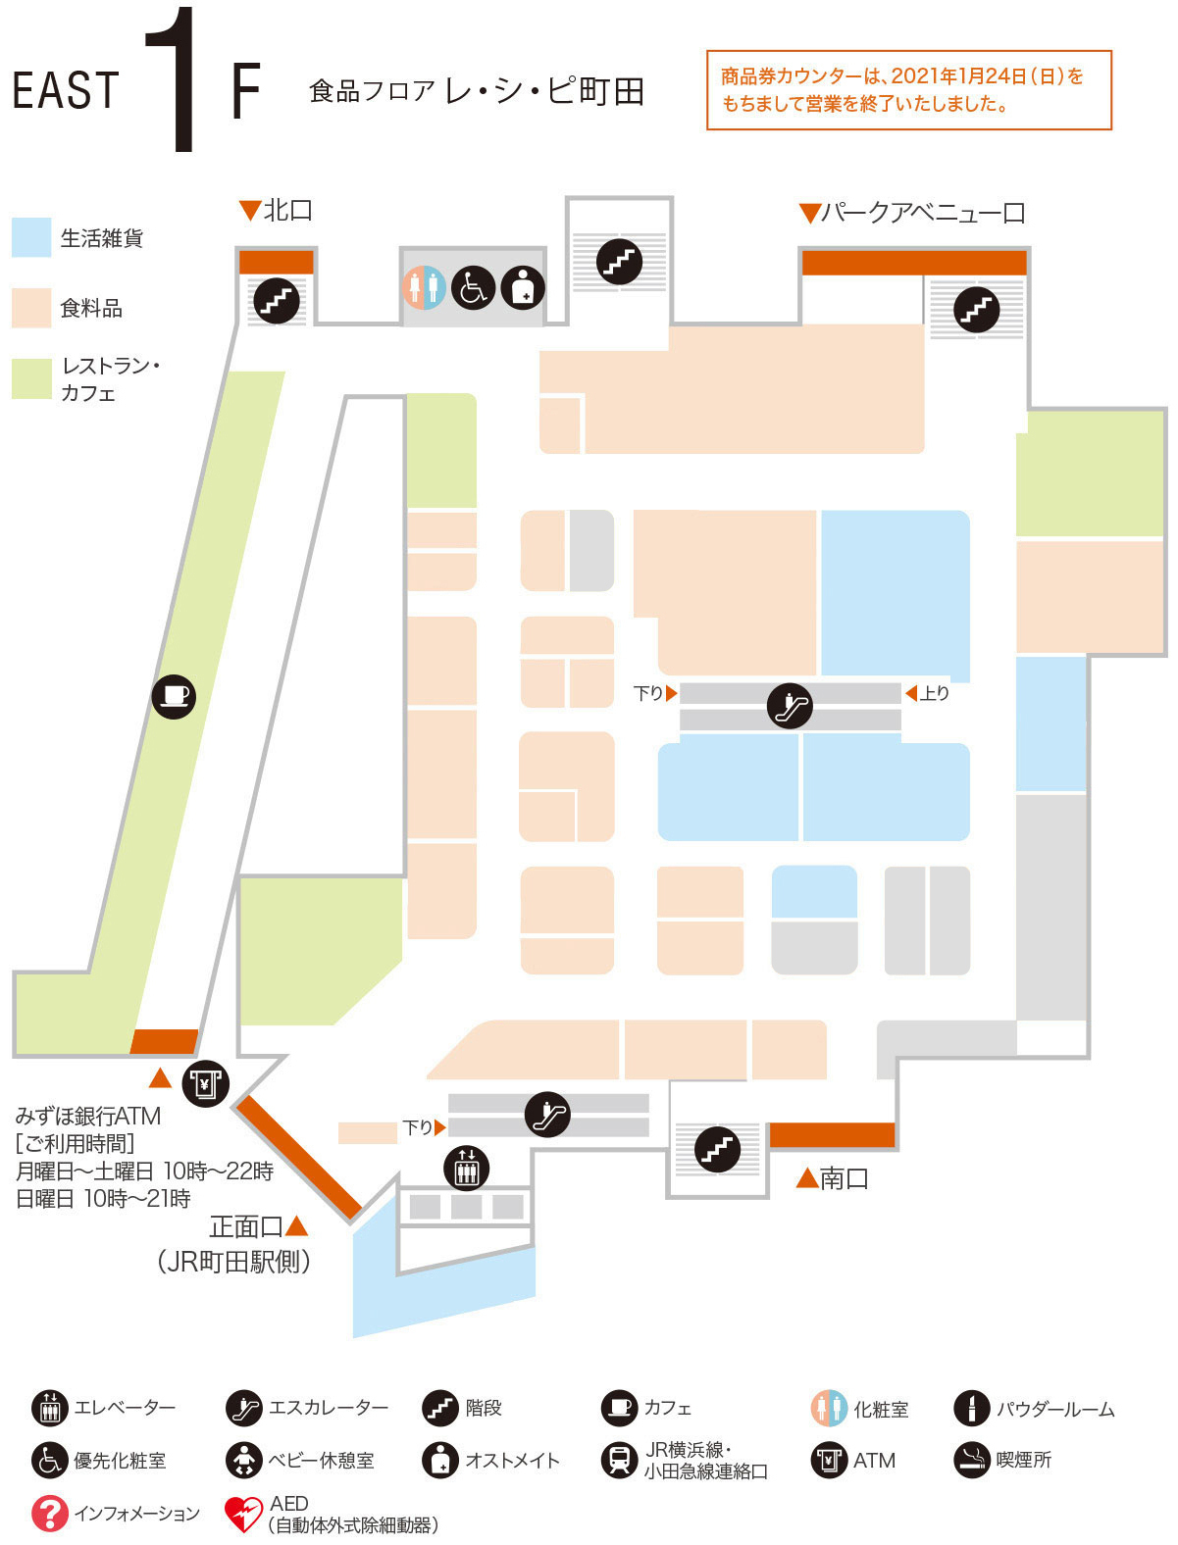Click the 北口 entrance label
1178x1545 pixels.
[x=287, y=210]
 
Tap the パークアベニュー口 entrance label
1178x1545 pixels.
[x=922, y=213]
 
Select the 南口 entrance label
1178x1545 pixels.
[x=845, y=1178]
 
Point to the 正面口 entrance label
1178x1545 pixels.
[x=247, y=1226]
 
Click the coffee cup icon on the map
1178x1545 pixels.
[x=174, y=697]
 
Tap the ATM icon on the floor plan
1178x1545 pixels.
[x=205, y=1083]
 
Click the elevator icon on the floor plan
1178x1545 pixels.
[x=466, y=1168]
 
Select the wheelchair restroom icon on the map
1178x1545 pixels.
[x=474, y=288]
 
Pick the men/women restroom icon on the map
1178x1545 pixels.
[x=424, y=288]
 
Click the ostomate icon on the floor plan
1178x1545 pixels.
[x=523, y=288]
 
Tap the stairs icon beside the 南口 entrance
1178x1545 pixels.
[x=717, y=1148]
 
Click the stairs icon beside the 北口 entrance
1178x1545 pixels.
[x=276, y=300]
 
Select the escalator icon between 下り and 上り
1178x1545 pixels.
[x=790, y=705]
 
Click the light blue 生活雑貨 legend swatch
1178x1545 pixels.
[x=31, y=238]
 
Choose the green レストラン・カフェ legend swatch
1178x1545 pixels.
[x=31, y=379]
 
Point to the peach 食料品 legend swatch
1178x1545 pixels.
[x=31, y=308]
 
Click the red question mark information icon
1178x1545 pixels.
[x=49, y=1514]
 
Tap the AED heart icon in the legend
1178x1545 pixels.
[x=242, y=1514]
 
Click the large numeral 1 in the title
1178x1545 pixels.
[x=175, y=80]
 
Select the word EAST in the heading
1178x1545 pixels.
[x=66, y=91]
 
